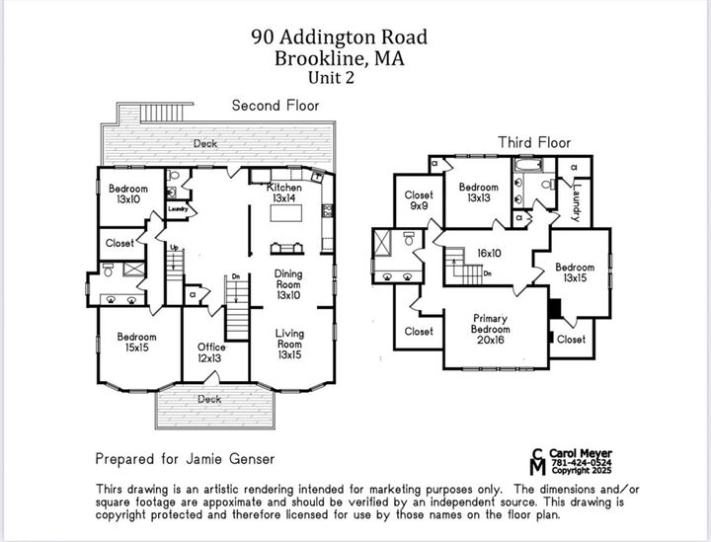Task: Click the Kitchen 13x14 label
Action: [x=284, y=192]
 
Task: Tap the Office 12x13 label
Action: [x=211, y=352]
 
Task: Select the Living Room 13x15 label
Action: [x=289, y=345]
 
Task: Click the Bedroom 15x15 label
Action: [x=137, y=343]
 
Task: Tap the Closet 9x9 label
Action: [x=419, y=200]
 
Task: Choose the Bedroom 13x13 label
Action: [x=478, y=193]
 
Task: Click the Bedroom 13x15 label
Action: [x=574, y=272]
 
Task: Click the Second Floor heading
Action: [x=276, y=105]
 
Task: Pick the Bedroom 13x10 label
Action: [x=128, y=194]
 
